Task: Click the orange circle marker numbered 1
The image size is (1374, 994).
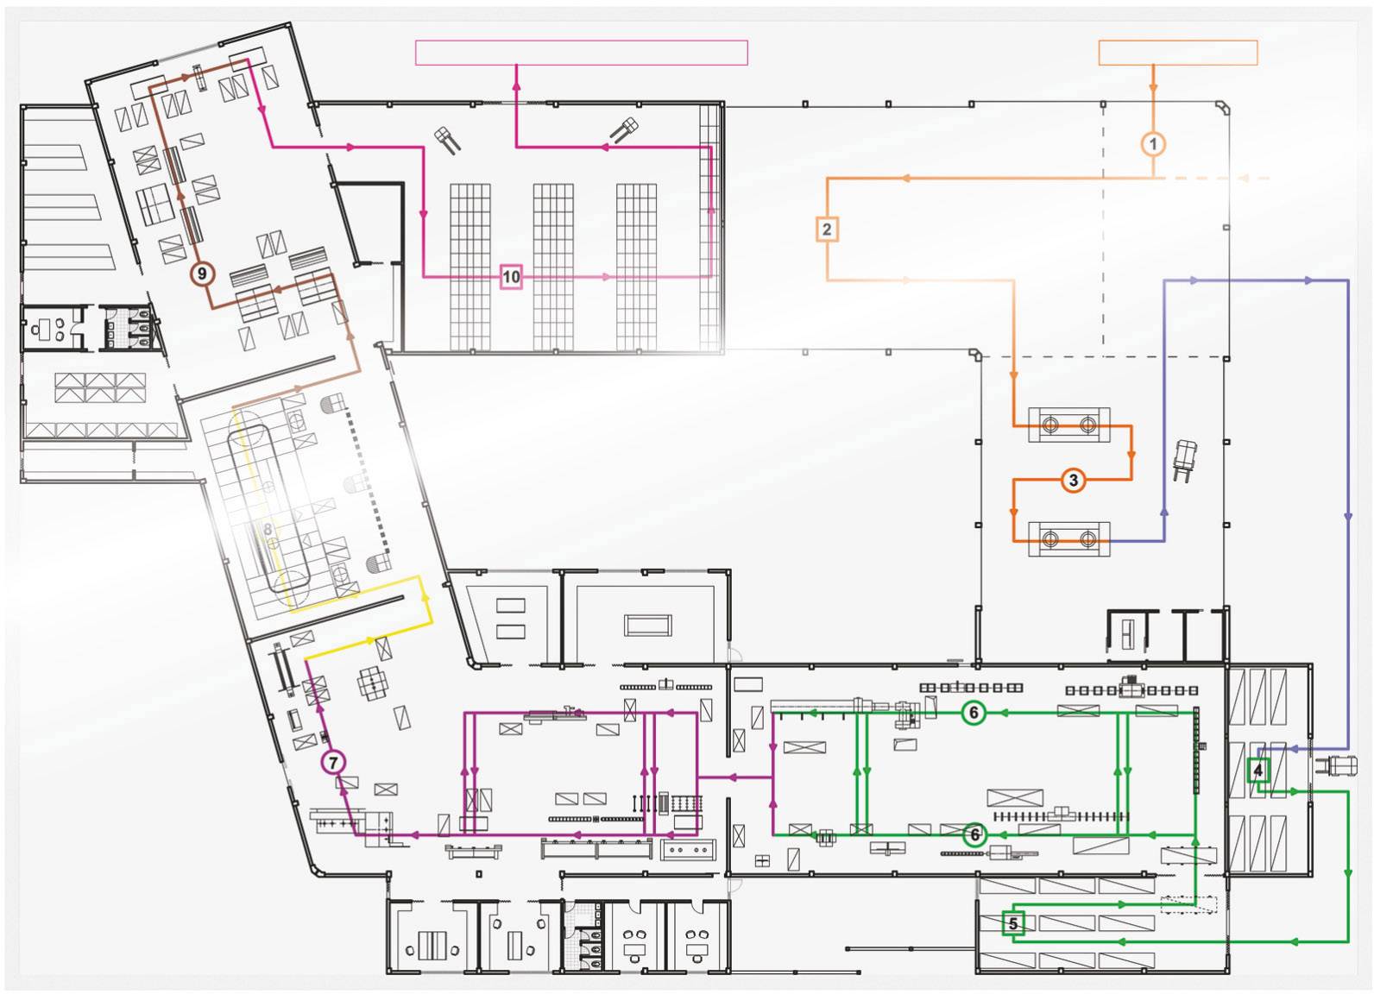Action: click(x=1153, y=144)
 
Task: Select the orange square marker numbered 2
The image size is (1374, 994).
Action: click(x=827, y=230)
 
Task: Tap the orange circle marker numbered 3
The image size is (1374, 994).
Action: click(x=1073, y=481)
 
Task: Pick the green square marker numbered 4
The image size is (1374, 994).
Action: click(x=1258, y=770)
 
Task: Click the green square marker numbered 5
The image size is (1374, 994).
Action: click(x=1013, y=924)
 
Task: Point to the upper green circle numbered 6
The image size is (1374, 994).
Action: click(x=974, y=713)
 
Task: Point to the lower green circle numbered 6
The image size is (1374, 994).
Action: click(x=974, y=834)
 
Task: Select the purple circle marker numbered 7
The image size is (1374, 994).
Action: click(x=333, y=763)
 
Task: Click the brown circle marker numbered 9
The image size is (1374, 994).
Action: click(x=202, y=274)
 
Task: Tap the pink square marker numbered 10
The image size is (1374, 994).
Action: click(x=511, y=277)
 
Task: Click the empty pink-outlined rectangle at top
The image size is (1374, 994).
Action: click(x=581, y=53)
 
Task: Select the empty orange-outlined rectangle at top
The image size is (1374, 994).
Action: click(x=1177, y=53)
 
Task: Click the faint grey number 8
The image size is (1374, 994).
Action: click(x=268, y=530)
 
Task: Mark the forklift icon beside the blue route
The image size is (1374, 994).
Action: click(x=1185, y=459)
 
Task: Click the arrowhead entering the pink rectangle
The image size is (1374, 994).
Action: click(x=516, y=76)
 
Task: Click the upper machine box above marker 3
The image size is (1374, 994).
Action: click(x=1068, y=425)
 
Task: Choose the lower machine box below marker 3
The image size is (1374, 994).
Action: click(x=1068, y=539)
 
